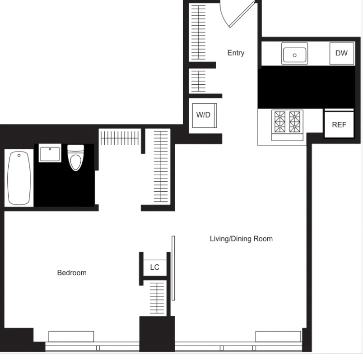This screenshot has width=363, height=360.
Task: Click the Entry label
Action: [x=236, y=53]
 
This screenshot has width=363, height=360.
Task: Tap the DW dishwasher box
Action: [x=342, y=53]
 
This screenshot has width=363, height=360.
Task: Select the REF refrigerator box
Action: [x=339, y=125]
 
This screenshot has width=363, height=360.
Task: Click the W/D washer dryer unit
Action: [x=205, y=115]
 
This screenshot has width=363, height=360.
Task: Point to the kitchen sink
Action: [x=294, y=54]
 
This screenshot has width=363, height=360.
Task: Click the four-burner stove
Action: [x=287, y=125]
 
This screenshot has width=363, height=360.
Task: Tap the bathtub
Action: [x=19, y=178]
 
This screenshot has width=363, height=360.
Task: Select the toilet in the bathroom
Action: [x=76, y=158]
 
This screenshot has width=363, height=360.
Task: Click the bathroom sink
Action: [x=50, y=153]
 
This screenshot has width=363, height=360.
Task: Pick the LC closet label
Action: [x=155, y=267]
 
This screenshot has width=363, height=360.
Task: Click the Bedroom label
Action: [x=72, y=273]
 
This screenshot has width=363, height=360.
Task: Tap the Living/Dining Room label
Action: [x=241, y=239]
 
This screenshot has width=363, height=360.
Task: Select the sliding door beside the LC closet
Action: [x=173, y=268]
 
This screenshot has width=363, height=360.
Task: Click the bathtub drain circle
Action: [x=19, y=156]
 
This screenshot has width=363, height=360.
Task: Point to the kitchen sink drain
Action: [x=294, y=55]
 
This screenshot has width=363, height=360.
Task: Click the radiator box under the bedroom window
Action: [x=71, y=337]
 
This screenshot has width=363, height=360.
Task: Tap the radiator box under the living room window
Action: [x=278, y=337]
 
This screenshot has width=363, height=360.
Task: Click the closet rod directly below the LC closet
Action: [x=157, y=298]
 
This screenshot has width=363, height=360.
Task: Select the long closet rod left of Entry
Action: [x=198, y=32]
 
